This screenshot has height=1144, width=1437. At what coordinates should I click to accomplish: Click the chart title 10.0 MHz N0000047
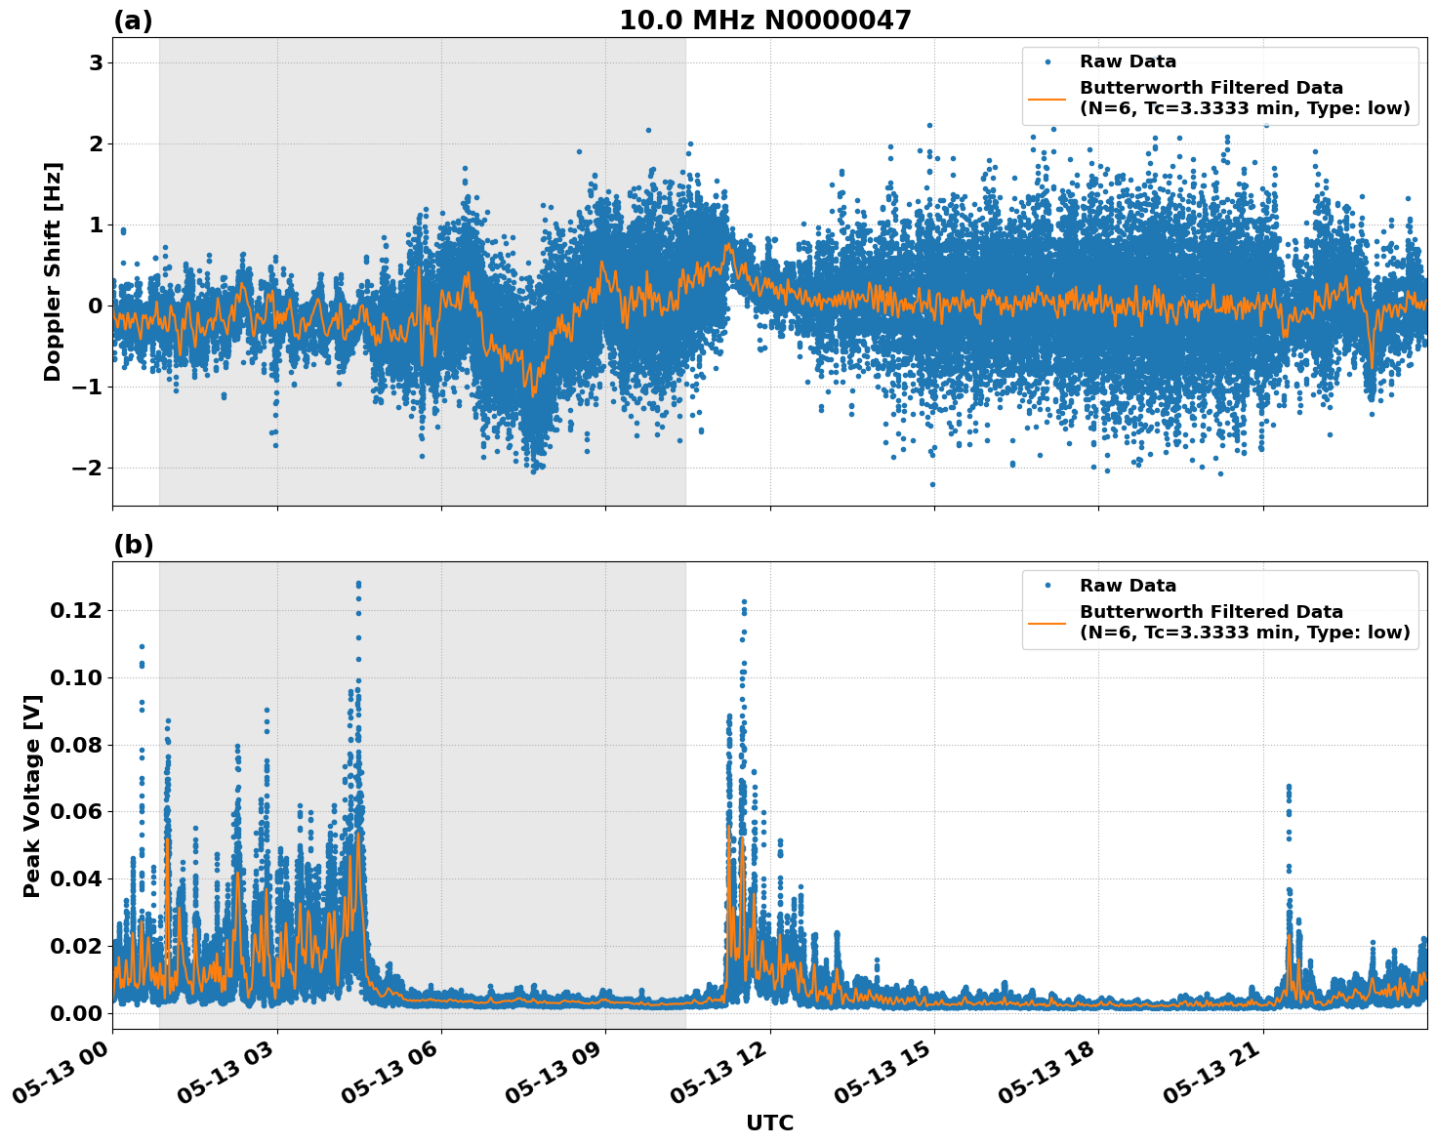[x=765, y=20]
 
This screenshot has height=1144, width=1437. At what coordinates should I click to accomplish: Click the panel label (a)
[x=133, y=20]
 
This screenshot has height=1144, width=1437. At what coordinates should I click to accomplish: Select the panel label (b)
[x=133, y=545]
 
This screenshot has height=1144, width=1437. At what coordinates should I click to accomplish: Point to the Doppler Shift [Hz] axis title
[x=53, y=271]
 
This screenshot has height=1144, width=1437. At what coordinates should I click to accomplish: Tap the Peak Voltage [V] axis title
[x=32, y=796]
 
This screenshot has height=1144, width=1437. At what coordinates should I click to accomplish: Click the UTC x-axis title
[x=769, y=1123]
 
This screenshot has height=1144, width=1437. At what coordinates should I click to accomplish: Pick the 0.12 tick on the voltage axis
[x=75, y=611]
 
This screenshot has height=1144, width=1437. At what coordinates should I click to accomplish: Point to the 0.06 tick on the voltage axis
[x=75, y=812]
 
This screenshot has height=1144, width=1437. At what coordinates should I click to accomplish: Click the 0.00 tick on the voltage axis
[x=75, y=1013]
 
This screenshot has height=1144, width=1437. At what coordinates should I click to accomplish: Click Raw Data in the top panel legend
[x=1128, y=61]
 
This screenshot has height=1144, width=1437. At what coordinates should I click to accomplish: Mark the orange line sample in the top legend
[x=1047, y=98]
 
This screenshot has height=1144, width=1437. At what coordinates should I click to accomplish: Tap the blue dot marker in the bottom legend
[x=1047, y=586]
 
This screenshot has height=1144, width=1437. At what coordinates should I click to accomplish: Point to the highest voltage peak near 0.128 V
[x=358, y=584]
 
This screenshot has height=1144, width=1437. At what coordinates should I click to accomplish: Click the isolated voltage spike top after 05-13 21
[x=1288, y=786]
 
